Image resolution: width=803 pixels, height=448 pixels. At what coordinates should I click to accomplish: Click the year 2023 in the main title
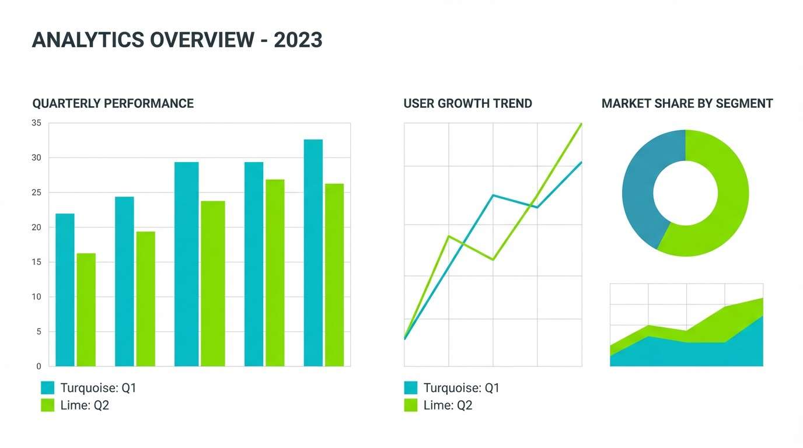298,40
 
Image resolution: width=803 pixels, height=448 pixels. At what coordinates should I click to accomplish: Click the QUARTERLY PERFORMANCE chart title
113,104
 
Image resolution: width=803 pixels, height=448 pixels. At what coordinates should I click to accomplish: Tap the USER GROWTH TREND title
467,104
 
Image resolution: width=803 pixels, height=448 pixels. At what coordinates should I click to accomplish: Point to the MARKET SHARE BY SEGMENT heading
687,104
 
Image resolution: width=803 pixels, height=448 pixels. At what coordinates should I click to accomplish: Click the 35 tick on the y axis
36,123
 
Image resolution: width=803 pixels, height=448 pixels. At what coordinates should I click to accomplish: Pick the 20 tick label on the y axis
36,228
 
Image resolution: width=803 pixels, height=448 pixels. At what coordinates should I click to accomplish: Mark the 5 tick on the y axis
39,332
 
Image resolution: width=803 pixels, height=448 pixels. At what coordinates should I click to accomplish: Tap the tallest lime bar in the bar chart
275,272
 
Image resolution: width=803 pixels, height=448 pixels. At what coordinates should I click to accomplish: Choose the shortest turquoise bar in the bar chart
65,290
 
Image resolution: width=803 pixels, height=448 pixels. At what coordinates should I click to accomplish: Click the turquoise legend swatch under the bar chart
47,388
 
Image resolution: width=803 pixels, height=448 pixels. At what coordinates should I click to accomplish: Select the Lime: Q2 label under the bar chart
85,405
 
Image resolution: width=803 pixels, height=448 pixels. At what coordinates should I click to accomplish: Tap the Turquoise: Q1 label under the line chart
461,388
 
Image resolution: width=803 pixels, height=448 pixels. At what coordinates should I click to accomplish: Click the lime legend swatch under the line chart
411,405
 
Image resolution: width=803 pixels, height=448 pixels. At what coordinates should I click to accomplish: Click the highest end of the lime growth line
581,124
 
